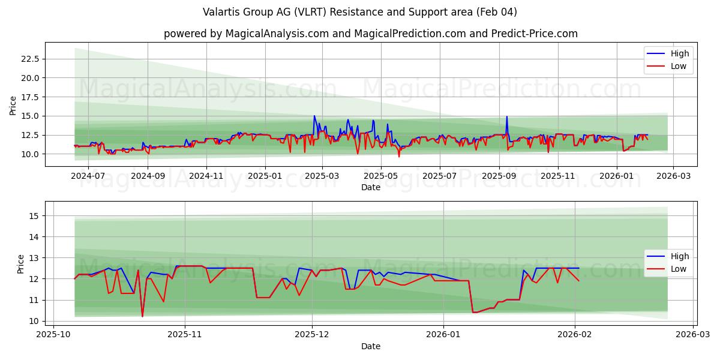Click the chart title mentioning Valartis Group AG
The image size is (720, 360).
[x=360, y=12]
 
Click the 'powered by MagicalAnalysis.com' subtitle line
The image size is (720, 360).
[x=371, y=34]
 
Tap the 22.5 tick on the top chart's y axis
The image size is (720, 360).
[x=30, y=59]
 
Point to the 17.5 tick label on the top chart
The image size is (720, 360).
[x=30, y=97]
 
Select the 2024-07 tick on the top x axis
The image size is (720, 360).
[x=88, y=176]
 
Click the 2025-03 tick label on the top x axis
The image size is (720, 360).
[x=322, y=176]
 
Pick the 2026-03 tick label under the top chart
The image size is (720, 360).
[x=673, y=176]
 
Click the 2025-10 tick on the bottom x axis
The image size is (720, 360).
[x=54, y=335]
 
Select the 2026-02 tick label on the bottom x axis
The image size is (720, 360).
[x=575, y=335]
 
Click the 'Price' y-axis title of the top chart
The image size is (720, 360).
[x=13, y=106]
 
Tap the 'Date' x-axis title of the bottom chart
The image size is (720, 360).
[x=371, y=346]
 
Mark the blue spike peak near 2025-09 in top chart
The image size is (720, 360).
[x=507, y=116]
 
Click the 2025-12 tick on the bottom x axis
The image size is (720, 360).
[x=313, y=335]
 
